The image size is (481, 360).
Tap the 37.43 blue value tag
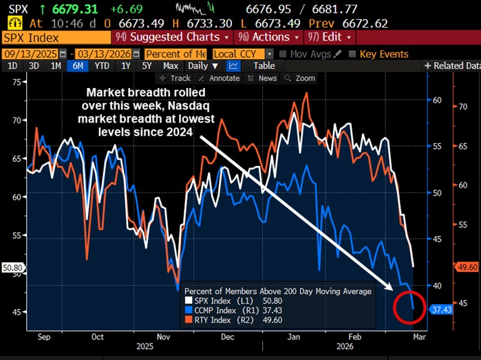coord(440,310)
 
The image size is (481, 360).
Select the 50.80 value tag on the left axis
coord(12,268)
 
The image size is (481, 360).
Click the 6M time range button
coord(77,66)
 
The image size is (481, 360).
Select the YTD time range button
coord(102,66)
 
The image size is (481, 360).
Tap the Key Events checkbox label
coord(383,54)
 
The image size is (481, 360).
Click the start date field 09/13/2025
coord(30,54)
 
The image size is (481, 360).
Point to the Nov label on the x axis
coord(164,337)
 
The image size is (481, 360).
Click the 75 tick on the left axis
coord(17,82)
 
